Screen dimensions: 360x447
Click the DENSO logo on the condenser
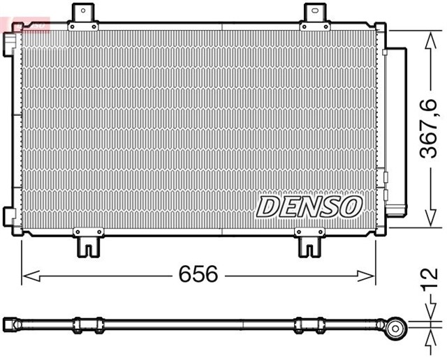pos(309,206)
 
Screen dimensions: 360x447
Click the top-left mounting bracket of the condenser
pos(84,17)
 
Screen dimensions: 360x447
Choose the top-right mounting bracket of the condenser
pos(315,17)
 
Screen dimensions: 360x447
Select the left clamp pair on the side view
pos(88,324)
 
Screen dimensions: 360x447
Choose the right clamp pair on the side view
pos(309,324)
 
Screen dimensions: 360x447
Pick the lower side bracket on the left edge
pos(9,216)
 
